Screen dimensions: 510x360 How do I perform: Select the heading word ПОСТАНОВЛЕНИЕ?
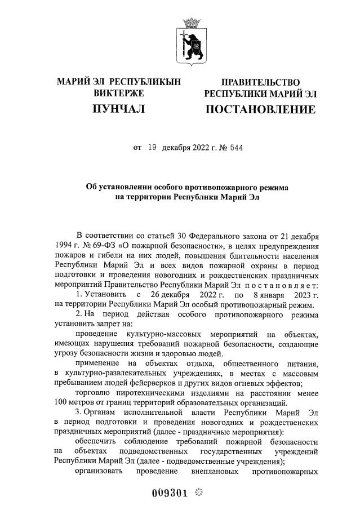click(260, 109)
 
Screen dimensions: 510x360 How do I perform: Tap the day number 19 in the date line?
click(152, 148)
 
